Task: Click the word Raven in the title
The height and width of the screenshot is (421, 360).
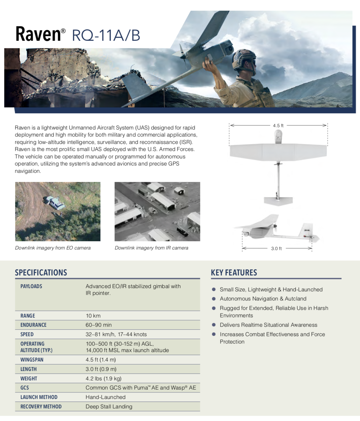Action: [x=38, y=34]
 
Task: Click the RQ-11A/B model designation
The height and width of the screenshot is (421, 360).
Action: [x=106, y=35]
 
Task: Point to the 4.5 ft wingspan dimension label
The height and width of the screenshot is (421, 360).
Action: [x=278, y=126]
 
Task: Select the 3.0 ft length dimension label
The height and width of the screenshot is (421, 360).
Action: [x=276, y=249]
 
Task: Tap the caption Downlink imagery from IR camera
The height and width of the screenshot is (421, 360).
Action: [x=151, y=248]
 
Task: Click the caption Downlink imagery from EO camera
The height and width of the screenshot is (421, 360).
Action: [x=53, y=248]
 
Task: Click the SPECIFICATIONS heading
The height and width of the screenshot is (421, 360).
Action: [x=41, y=273]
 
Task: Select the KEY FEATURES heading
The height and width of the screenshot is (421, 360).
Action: [x=234, y=273]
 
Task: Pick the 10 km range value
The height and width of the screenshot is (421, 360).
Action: [x=93, y=316]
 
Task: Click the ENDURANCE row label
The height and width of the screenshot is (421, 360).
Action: [x=33, y=325]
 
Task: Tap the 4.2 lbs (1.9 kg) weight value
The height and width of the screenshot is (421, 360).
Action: [x=103, y=379]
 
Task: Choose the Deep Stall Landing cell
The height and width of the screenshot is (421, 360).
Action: [x=109, y=407]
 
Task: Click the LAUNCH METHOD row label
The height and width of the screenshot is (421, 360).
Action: [x=39, y=397]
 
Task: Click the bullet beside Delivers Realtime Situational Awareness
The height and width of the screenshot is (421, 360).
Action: [x=214, y=325]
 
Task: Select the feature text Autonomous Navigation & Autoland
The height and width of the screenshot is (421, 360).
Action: [x=263, y=299]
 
